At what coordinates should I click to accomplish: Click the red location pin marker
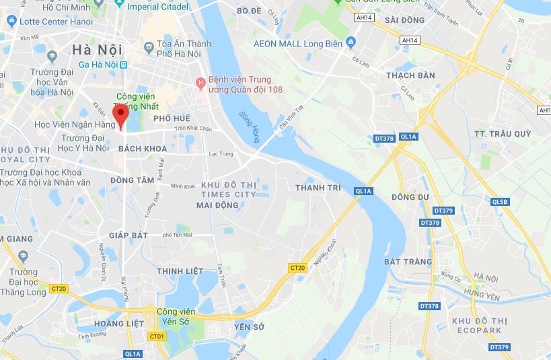[120, 116]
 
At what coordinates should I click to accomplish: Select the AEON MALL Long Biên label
[298, 44]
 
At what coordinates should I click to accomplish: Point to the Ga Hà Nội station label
[99, 65]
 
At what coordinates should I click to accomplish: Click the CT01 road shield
[157, 336]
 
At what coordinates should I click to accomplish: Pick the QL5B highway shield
[499, 202]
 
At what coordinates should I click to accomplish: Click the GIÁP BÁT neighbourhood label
[128, 235]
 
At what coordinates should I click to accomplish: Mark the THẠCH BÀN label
[410, 75]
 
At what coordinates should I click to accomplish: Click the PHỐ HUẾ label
[172, 118]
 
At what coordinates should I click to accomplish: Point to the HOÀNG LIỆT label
[119, 323]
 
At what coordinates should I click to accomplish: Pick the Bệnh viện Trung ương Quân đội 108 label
[245, 83]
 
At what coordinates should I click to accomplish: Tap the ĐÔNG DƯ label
[410, 197]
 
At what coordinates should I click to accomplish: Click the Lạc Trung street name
[221, 154]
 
